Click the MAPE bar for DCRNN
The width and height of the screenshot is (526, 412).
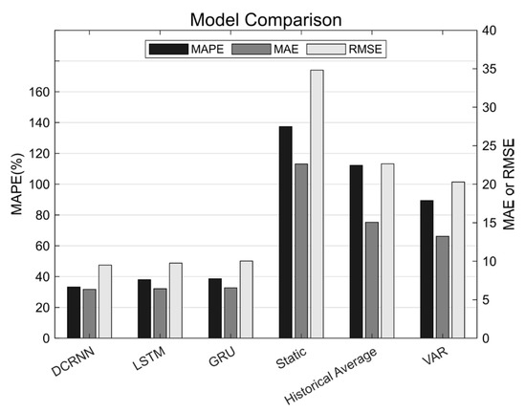74,313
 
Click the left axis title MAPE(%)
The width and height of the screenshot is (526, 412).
16,183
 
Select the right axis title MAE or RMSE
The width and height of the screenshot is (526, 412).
511,184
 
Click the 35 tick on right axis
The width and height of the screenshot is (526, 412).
488,70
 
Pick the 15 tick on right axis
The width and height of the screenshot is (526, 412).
488,223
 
